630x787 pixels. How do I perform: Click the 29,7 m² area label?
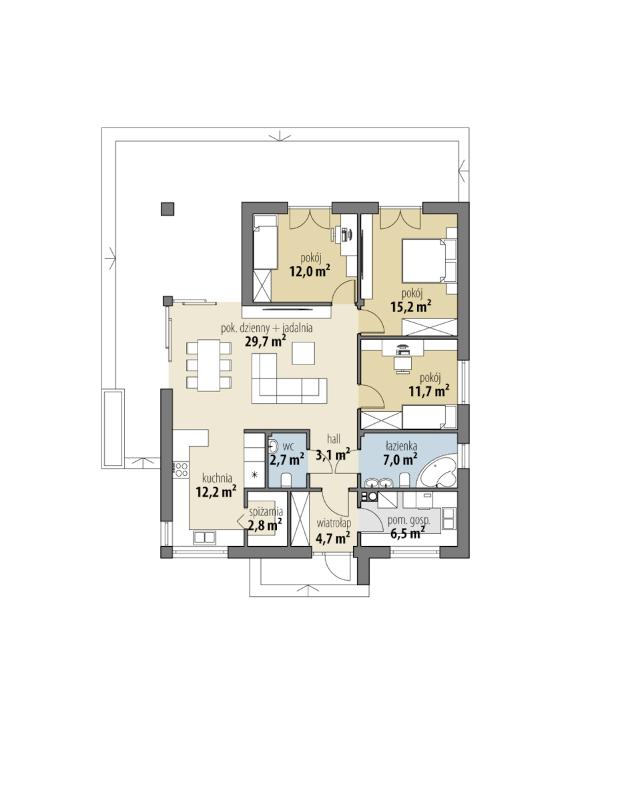(266, 341)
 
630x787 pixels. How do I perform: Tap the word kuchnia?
(217, 478)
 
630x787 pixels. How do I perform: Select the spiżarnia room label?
(266, 512)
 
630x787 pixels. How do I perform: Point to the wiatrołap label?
(333, 523)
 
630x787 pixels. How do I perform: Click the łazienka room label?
(401, 446)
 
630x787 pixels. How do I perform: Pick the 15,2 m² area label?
(411, 306)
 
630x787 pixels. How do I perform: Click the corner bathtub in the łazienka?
(438, 473)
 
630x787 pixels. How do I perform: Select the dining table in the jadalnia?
(208, 365)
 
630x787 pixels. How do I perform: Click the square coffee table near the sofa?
(303, 352)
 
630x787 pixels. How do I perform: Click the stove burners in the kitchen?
(180, 470)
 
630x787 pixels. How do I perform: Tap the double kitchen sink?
(204, 537)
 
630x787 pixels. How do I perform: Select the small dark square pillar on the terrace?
(168, 209)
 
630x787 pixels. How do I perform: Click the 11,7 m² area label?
(428, 391)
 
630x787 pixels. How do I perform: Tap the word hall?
(333, 439)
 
